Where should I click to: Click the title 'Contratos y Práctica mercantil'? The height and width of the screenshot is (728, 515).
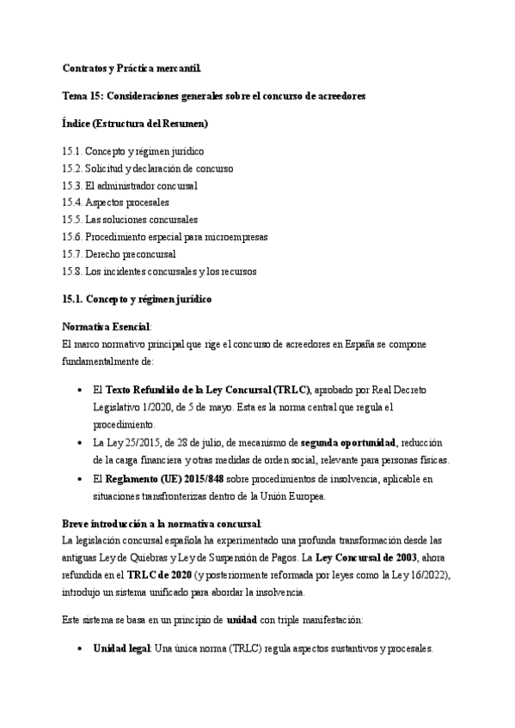(x=132, y=68)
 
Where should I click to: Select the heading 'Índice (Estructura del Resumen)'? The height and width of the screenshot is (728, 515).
(x=135, y=124)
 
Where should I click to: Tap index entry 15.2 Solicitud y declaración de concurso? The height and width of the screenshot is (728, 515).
(x=147, y=168)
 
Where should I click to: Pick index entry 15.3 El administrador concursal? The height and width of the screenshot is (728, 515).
(x=130, y=185)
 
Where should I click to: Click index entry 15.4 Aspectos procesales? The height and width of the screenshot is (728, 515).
(x=117, y=203)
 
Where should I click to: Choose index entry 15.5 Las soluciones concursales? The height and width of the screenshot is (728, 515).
(x=129, y=220)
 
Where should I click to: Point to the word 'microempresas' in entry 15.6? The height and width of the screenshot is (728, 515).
(x=233, y=237)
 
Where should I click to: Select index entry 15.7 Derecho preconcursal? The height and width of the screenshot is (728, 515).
(x=119, y=254)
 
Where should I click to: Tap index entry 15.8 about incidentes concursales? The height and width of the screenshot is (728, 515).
(x=159, y=271)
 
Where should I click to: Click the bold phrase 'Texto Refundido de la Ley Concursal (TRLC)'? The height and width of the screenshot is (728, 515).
(x=207, y=390)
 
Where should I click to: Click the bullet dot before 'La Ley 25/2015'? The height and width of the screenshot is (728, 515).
(x=80, y=443)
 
